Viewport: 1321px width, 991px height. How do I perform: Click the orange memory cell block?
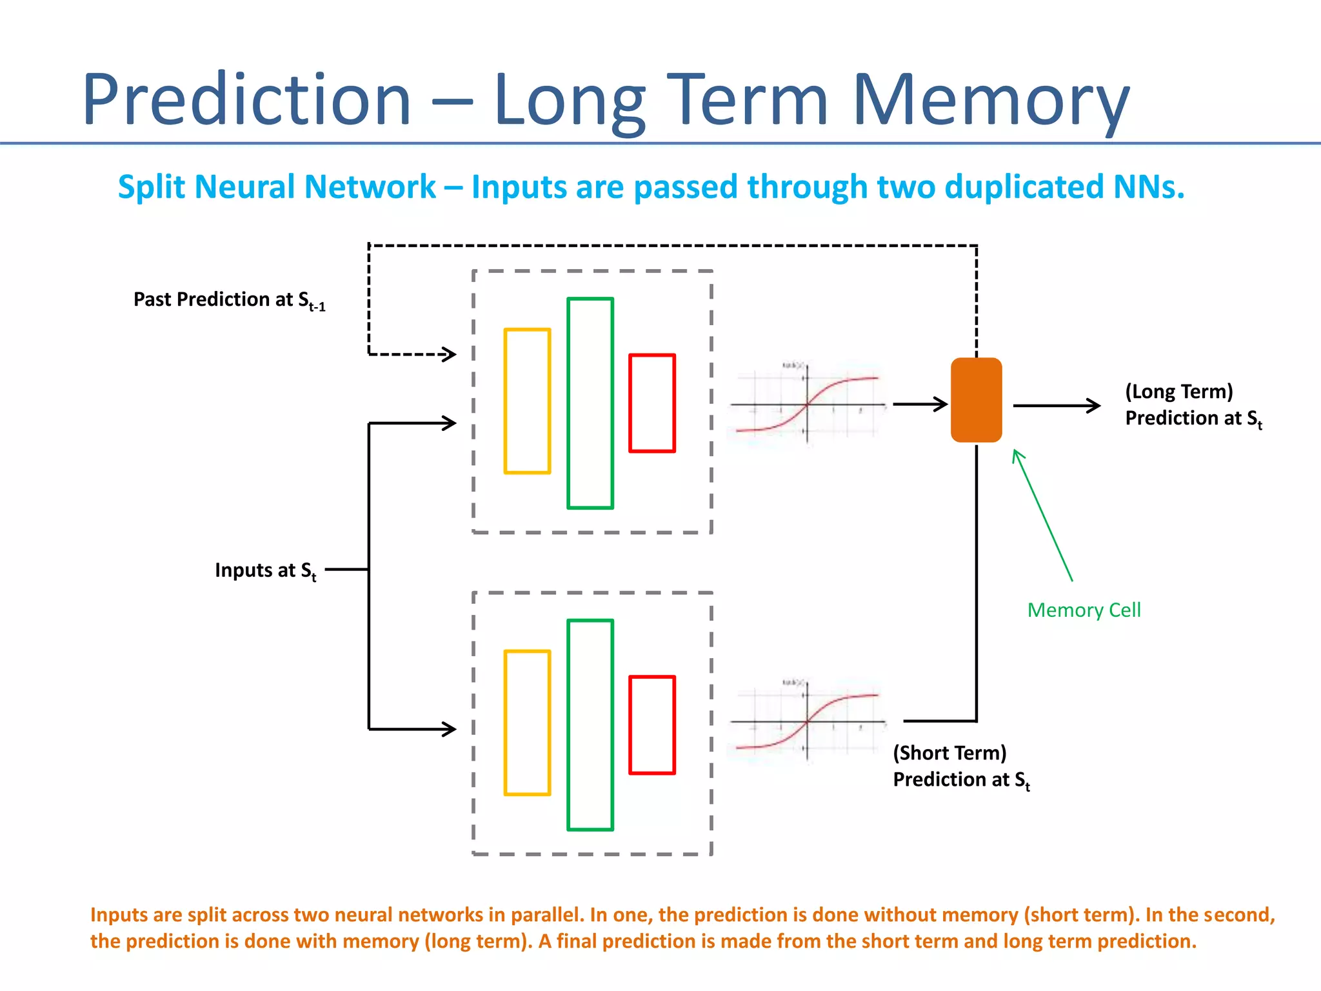click(976, 400)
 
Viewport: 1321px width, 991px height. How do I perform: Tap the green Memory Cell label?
click(1084, 610)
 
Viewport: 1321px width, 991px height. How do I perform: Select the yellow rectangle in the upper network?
click(527, 401)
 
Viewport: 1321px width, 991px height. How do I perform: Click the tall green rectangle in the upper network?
click(590, 403)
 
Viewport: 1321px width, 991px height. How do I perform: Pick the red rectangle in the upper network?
click(652, 403)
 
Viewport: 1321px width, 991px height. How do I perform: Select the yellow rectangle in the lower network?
click(527, 723)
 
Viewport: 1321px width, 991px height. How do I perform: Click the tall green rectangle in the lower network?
click(590, 725)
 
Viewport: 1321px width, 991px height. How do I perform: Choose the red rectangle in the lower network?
click(652, 725)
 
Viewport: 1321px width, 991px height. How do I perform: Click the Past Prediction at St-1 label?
click(229, 300)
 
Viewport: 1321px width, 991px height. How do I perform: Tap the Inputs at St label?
click(265, 570)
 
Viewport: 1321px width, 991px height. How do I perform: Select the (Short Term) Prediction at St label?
click(961, 766)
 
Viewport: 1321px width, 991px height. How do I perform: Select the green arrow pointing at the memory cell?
click(1042, 516)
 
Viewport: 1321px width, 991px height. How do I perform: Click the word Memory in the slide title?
click(990, 100)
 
